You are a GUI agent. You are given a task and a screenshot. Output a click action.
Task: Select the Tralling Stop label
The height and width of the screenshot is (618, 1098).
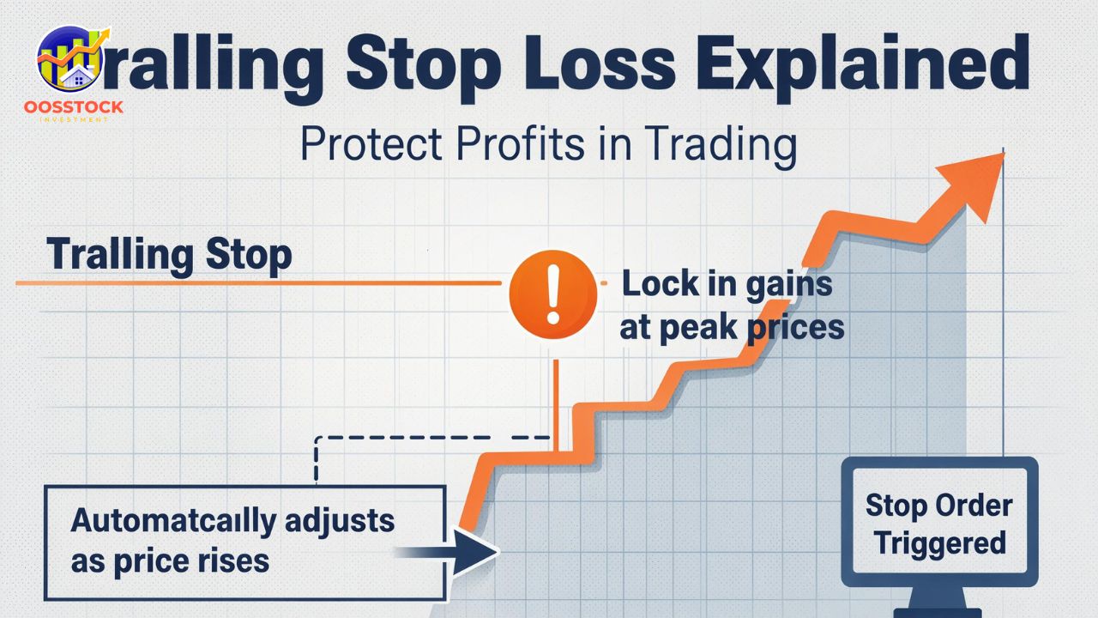(x=170, y=255)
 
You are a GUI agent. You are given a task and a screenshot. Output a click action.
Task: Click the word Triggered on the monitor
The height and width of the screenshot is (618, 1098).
(x=940, y=543)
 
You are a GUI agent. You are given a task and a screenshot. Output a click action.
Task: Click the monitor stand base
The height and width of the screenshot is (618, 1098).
(x=937, y=611)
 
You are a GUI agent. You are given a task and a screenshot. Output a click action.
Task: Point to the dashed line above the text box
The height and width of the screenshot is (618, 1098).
(x=429, y=438)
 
